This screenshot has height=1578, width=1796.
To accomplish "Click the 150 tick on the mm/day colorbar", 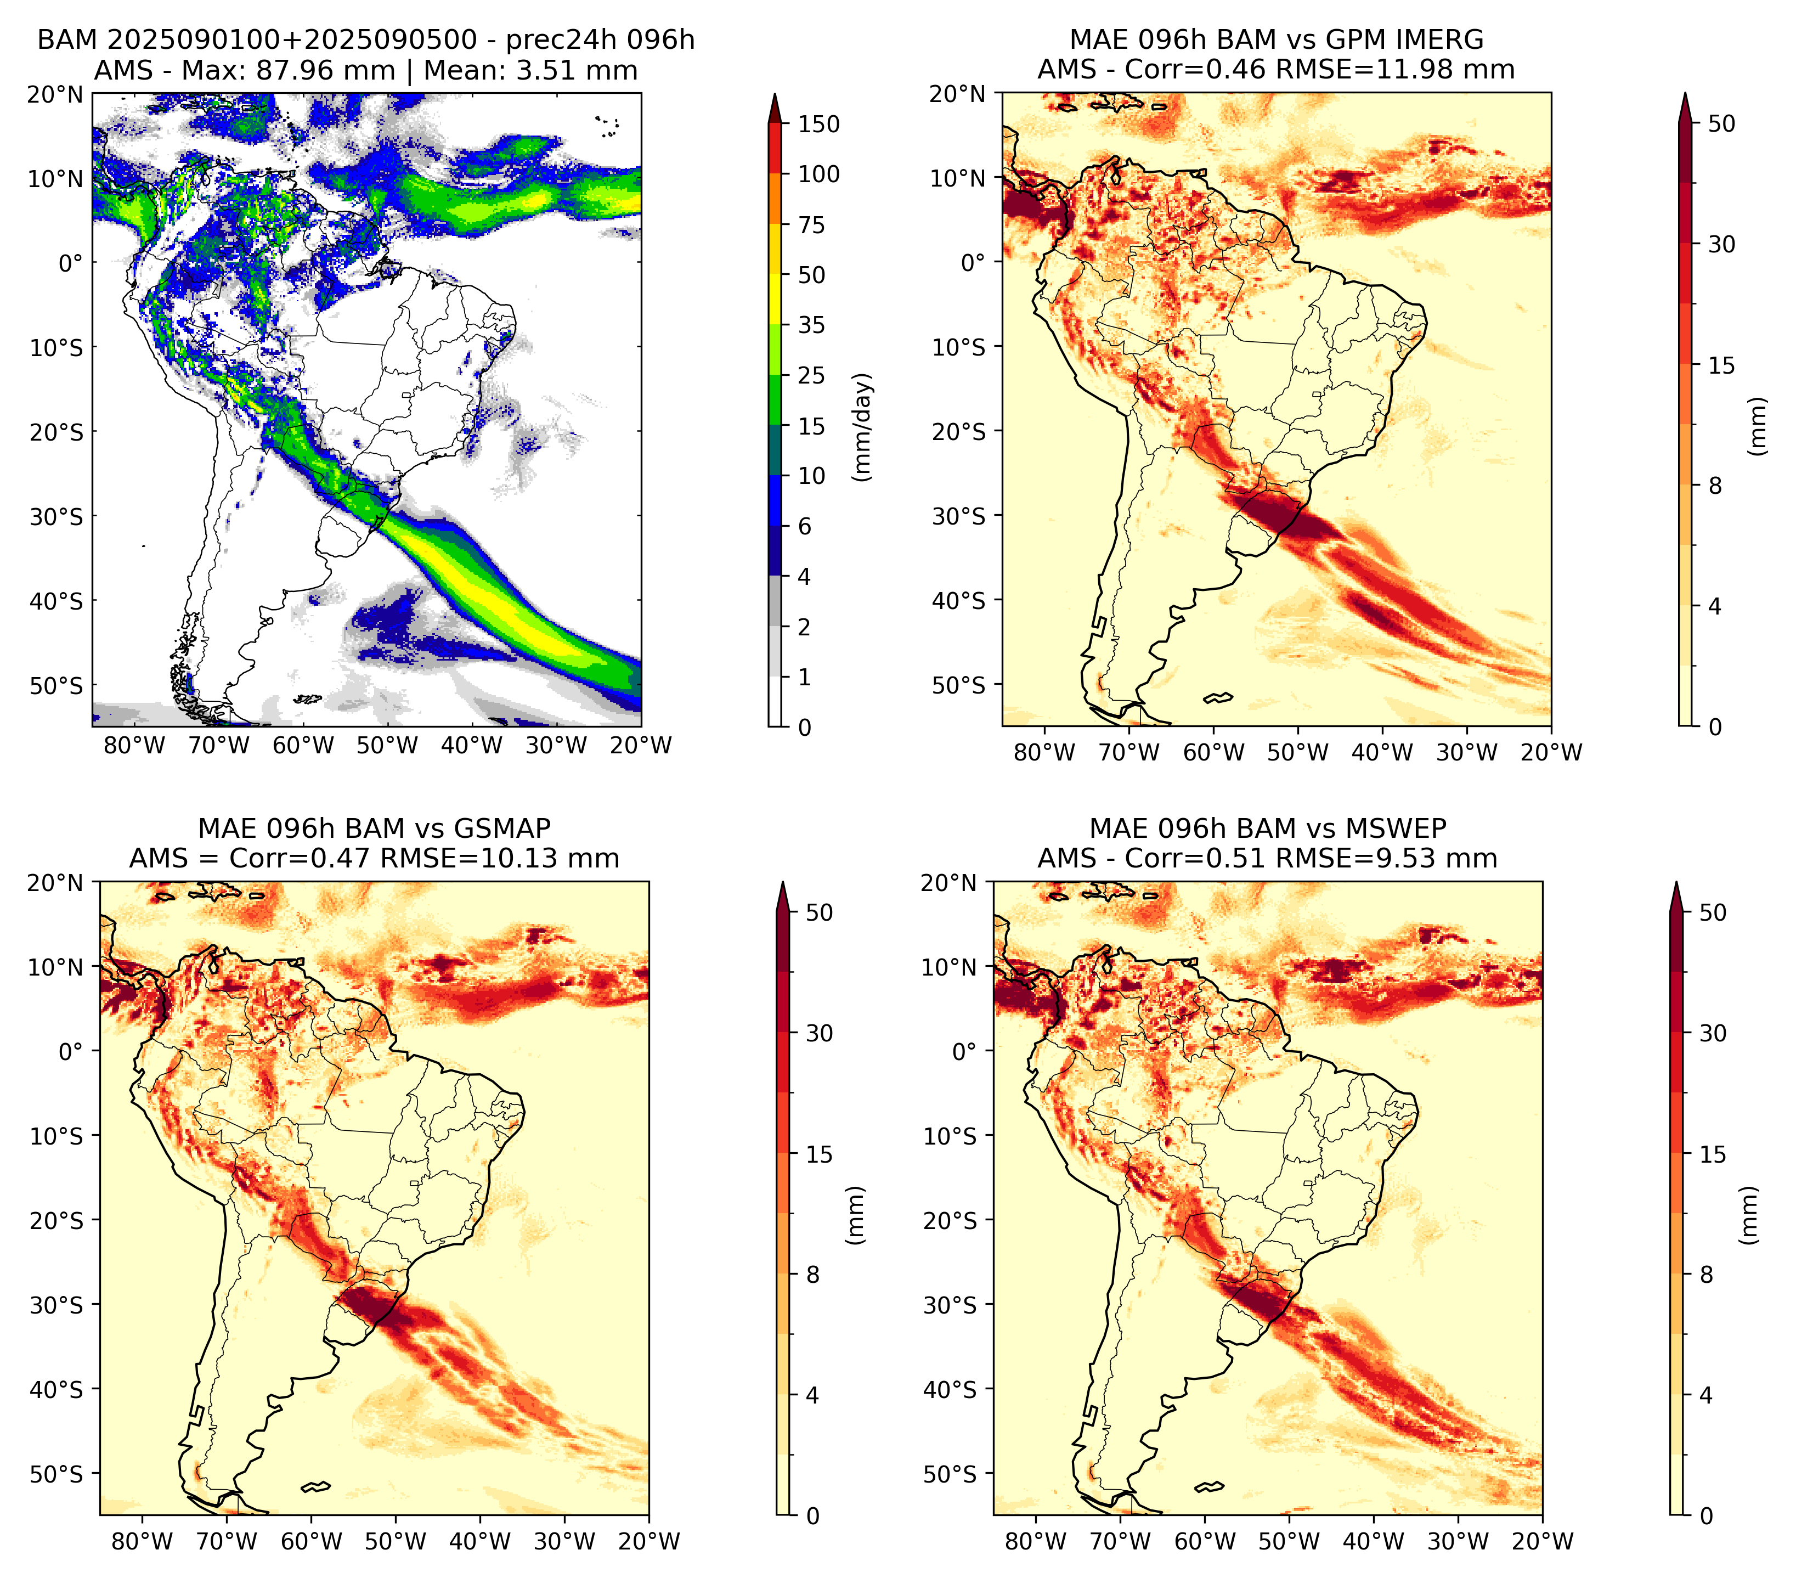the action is point(818,124).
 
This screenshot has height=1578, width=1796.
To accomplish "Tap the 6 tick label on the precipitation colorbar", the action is point(804,526).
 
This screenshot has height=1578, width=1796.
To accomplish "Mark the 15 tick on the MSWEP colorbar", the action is point(1713,1154).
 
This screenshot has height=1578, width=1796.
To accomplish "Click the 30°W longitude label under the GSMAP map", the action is point(564,1542).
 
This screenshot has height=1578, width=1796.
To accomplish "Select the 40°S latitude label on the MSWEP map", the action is point(950,1390).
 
